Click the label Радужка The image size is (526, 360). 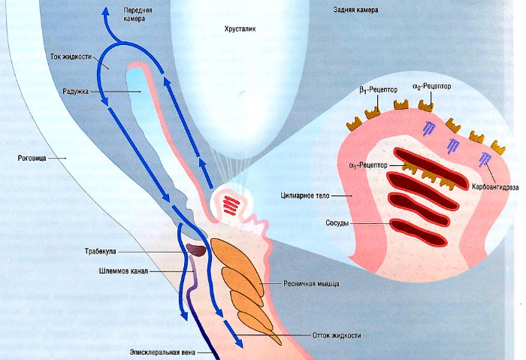click(77, 91)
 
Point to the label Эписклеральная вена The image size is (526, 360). click(162, 351)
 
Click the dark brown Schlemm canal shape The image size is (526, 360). click(196, 249)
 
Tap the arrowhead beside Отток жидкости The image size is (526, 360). click(238, 341)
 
